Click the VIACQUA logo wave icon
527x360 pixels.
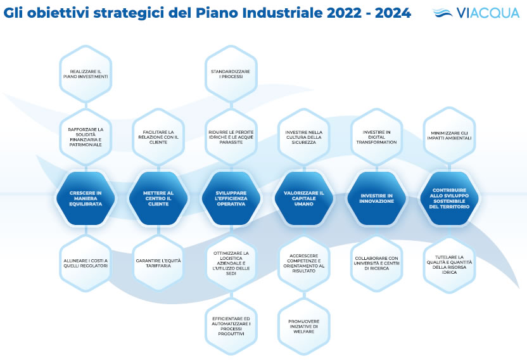[x=443, y=13]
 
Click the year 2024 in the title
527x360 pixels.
[x=393, y=13]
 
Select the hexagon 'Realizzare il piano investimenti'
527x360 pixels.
[x=86, y=74]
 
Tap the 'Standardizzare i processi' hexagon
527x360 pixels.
[x=231, y=74]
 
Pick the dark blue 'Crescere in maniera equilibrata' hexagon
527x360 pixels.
[x=86, y=198]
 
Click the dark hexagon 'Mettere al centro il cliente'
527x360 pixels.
[x=158, y=198]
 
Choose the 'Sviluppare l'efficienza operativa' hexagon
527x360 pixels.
[x=231, y=198]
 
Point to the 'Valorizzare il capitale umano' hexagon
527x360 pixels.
[x=304, y=198]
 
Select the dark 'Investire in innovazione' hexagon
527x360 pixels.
[x=377, y=198]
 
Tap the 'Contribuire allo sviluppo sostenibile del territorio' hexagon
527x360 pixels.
[x=449, y=198]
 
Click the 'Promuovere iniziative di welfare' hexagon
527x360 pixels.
[x=304, y=326]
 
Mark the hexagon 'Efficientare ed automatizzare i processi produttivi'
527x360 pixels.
[x=231, y=326]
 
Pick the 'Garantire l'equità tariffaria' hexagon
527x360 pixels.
[x=158, y=263]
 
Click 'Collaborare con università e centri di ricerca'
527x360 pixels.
[x=377, y=263]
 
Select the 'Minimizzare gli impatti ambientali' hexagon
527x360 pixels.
[x=449, y=136]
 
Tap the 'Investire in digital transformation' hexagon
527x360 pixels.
[x=377, y=137]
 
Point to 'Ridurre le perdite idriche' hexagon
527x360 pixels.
[x=231, y=137]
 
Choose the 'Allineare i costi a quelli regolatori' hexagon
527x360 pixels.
[x=86, y=263]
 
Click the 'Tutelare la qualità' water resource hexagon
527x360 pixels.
[x=449, y=264]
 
